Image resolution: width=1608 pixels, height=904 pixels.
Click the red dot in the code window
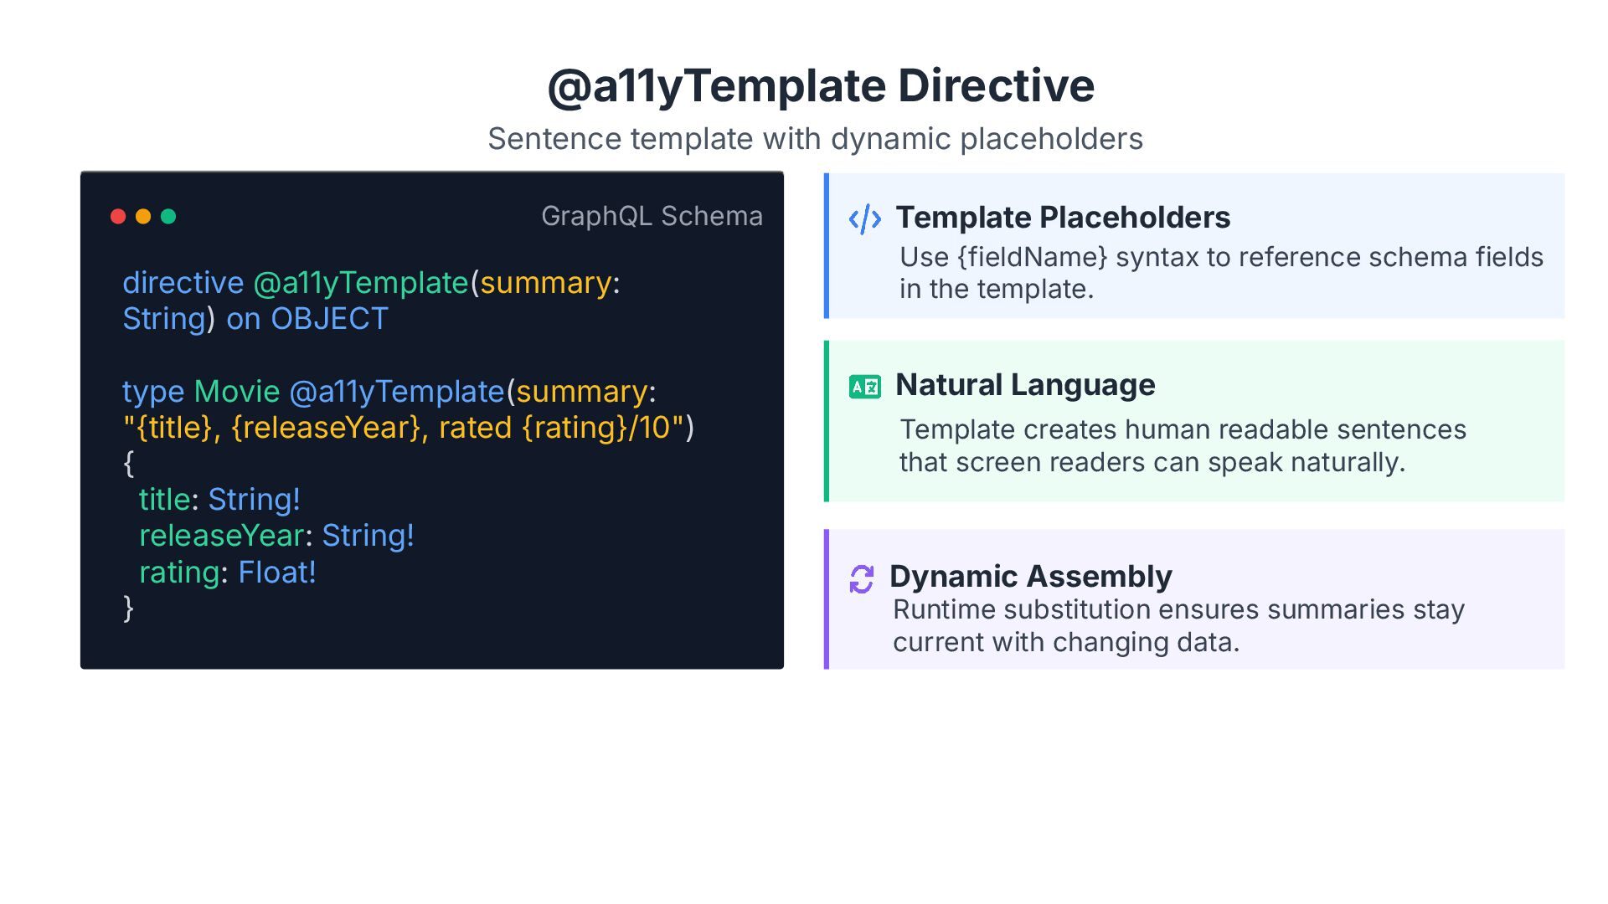118,217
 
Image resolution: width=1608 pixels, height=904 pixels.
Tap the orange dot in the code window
143,217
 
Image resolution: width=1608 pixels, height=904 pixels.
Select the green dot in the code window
168,217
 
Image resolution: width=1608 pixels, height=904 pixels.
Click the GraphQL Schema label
652,216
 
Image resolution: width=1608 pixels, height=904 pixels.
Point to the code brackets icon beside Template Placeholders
864,219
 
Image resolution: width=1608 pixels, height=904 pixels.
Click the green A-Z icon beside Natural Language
864,387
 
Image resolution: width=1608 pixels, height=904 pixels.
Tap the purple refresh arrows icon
861,578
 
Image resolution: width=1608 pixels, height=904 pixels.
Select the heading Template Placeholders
1063,218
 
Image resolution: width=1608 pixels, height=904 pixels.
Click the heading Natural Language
1025,385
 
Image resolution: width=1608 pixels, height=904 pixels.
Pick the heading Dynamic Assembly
1030,577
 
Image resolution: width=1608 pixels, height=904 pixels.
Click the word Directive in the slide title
996,86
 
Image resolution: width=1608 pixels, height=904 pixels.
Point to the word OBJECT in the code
329,319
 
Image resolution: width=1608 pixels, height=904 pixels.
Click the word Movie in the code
236,392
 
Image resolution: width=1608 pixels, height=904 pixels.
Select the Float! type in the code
276,573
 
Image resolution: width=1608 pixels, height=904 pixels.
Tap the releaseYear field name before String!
221,536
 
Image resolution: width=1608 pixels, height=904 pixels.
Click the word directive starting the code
183,283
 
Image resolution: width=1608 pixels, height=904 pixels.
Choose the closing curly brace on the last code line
128,609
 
